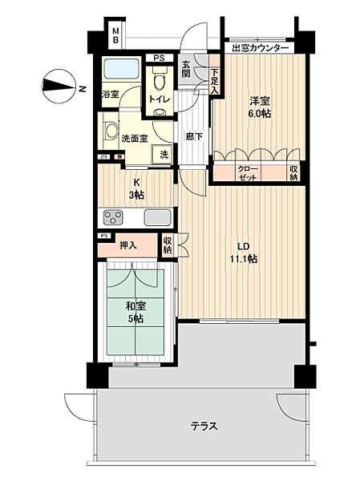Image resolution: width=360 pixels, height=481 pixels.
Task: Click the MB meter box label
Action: point(115,35)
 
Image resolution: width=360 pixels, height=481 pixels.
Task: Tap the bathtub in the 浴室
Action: point(121,69)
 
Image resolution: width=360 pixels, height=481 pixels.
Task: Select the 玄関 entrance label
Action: point(186,69)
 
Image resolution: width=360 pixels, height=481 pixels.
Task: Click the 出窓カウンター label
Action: point(260,48)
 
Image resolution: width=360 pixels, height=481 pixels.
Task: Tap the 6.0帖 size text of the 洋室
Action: point(260,114)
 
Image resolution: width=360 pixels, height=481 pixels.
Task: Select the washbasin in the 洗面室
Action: point(110,131)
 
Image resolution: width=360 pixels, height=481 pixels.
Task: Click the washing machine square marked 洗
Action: point(163,155)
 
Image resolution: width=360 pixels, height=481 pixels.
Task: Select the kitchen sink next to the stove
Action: point(157,217)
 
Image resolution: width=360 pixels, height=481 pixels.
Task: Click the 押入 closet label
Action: point(127,245)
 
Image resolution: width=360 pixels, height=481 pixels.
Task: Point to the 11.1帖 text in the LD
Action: point(244,259)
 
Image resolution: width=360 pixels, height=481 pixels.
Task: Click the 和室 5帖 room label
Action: point(136,313)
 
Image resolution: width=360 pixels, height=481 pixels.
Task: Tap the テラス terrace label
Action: point(204,426)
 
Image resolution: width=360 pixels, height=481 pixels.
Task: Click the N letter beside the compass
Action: point(82,89)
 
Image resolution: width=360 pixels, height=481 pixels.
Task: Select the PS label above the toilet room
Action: point(159,58)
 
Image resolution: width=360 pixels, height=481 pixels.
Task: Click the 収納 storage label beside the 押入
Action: point(168,245)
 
